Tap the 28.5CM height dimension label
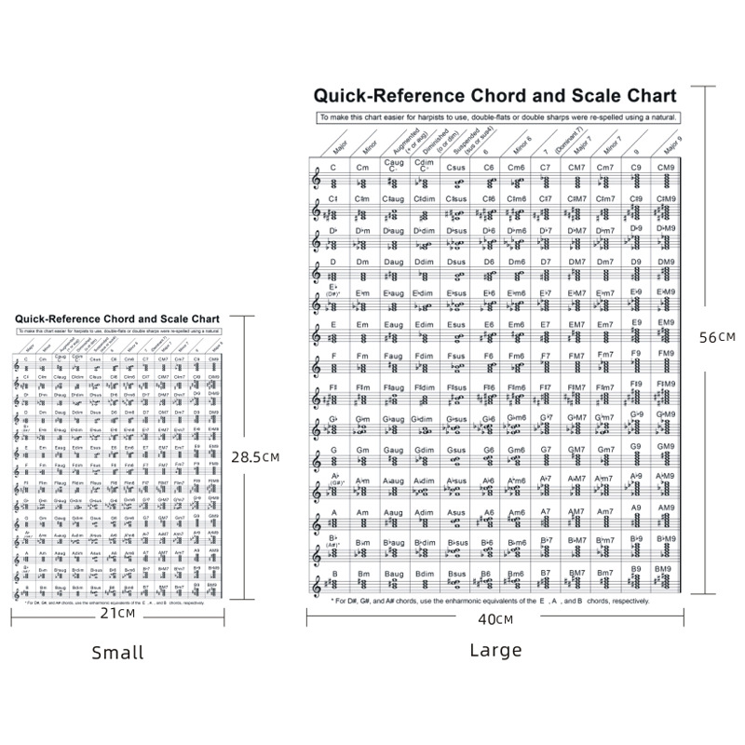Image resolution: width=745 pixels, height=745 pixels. [256, 457]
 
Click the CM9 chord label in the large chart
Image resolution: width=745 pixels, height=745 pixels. [666, 168]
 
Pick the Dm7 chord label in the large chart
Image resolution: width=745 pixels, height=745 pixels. [605, 262]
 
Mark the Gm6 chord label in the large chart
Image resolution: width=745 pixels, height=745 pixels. [517, 451]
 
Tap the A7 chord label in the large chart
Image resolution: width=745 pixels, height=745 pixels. [547, 511]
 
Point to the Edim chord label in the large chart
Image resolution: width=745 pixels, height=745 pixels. [425, 325]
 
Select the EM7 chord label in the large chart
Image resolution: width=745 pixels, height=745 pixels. [576, 325]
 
